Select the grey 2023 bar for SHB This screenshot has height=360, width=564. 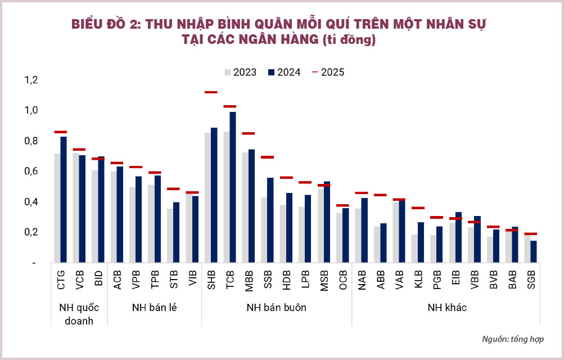pos(207,197)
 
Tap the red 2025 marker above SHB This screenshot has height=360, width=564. pos(211,92)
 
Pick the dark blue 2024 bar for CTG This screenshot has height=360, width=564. pos(64,199)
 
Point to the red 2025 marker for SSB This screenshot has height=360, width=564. pos(267,157)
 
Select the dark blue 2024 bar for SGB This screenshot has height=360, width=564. pos(533,251)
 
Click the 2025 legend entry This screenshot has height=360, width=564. pos(328,72)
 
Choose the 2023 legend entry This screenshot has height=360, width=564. pos(241,72)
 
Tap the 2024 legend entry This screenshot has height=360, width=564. pos(285,72)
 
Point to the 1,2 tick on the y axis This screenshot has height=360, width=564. pos(30,80)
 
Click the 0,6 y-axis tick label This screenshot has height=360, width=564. pos(30,171)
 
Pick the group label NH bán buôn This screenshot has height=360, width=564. pos(277,308)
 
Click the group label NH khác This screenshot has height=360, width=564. pos(446,308)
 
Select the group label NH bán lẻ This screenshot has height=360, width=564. pos(154,308)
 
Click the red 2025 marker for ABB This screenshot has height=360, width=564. pos(380,195)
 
